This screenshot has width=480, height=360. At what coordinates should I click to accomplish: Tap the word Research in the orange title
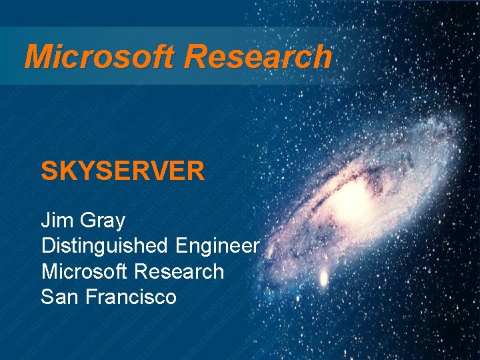258,57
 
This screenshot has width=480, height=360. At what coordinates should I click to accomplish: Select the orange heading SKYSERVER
123,171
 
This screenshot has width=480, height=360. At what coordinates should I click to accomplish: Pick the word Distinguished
105,246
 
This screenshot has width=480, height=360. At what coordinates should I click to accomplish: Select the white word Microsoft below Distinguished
85,271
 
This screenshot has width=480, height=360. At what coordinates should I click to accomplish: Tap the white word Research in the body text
179,271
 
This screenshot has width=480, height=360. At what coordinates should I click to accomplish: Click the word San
60,296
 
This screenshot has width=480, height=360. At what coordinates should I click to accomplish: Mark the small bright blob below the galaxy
325,277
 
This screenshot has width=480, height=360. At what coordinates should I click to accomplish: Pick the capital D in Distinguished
49,246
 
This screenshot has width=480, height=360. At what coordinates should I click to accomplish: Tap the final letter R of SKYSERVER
195,171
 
